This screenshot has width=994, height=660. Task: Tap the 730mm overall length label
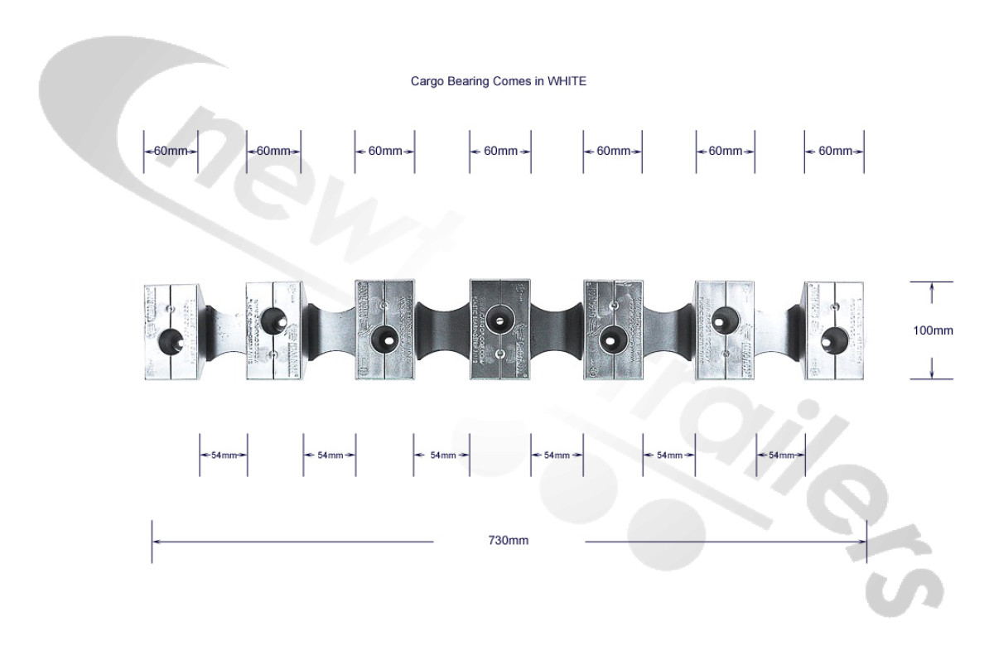click(x=508, y=541)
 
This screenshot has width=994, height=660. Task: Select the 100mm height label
click(x=933, y=330)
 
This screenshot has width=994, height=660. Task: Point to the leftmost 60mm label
click(x=171, y=151)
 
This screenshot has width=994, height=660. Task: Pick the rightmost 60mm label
click(x=834, y=151)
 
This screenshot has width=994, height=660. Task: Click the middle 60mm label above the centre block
click(x=500, y=151)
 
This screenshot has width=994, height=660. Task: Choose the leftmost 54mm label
click(x=224, y=455)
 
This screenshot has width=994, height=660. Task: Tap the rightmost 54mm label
click(x=781, y=455)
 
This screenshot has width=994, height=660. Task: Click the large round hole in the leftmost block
click(x=171, y=340)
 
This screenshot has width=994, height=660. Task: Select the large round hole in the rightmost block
click(x=832, y=340)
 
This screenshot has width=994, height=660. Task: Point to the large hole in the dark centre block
click(x=499, y=316)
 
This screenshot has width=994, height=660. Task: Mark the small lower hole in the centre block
click(x=499, y=354)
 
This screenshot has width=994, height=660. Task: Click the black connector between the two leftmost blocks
click(x=221, y=330)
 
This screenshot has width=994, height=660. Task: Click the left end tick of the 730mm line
click(x=152, y=542)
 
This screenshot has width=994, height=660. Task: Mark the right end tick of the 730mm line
click(x=866, y=542)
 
